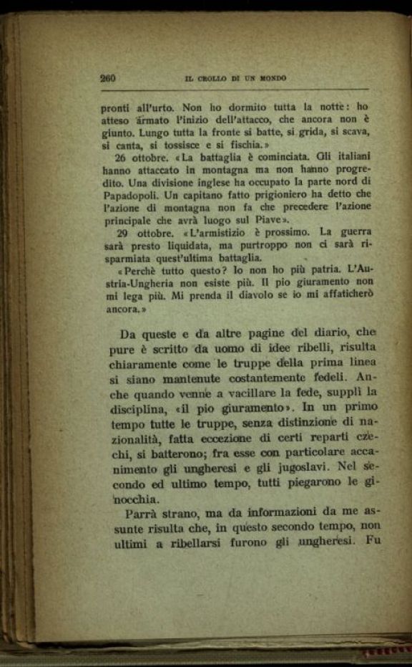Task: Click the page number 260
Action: pos(108,78)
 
